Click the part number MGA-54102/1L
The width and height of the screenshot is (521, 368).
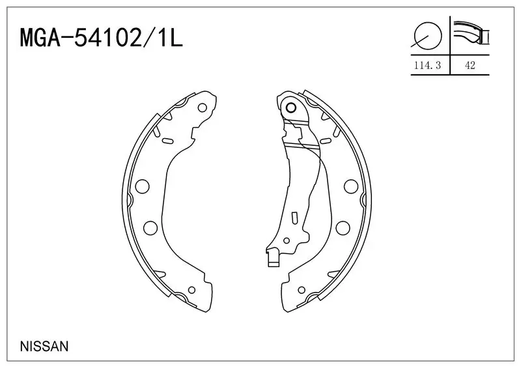coord(102,39)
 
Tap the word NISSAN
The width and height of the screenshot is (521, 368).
coord(44,347)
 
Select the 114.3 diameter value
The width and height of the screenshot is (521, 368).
coord(427,65)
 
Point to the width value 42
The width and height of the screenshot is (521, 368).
coord(470,65)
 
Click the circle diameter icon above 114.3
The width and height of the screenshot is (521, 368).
coord(427,35)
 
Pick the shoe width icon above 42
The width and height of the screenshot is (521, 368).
coord(472,33)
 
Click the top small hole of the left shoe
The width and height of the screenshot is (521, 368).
coord(202,107)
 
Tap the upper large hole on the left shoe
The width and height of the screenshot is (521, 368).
coord(143,186)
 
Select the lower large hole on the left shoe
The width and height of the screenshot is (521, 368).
coord(150,228)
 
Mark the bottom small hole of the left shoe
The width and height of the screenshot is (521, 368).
coord(191,290)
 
